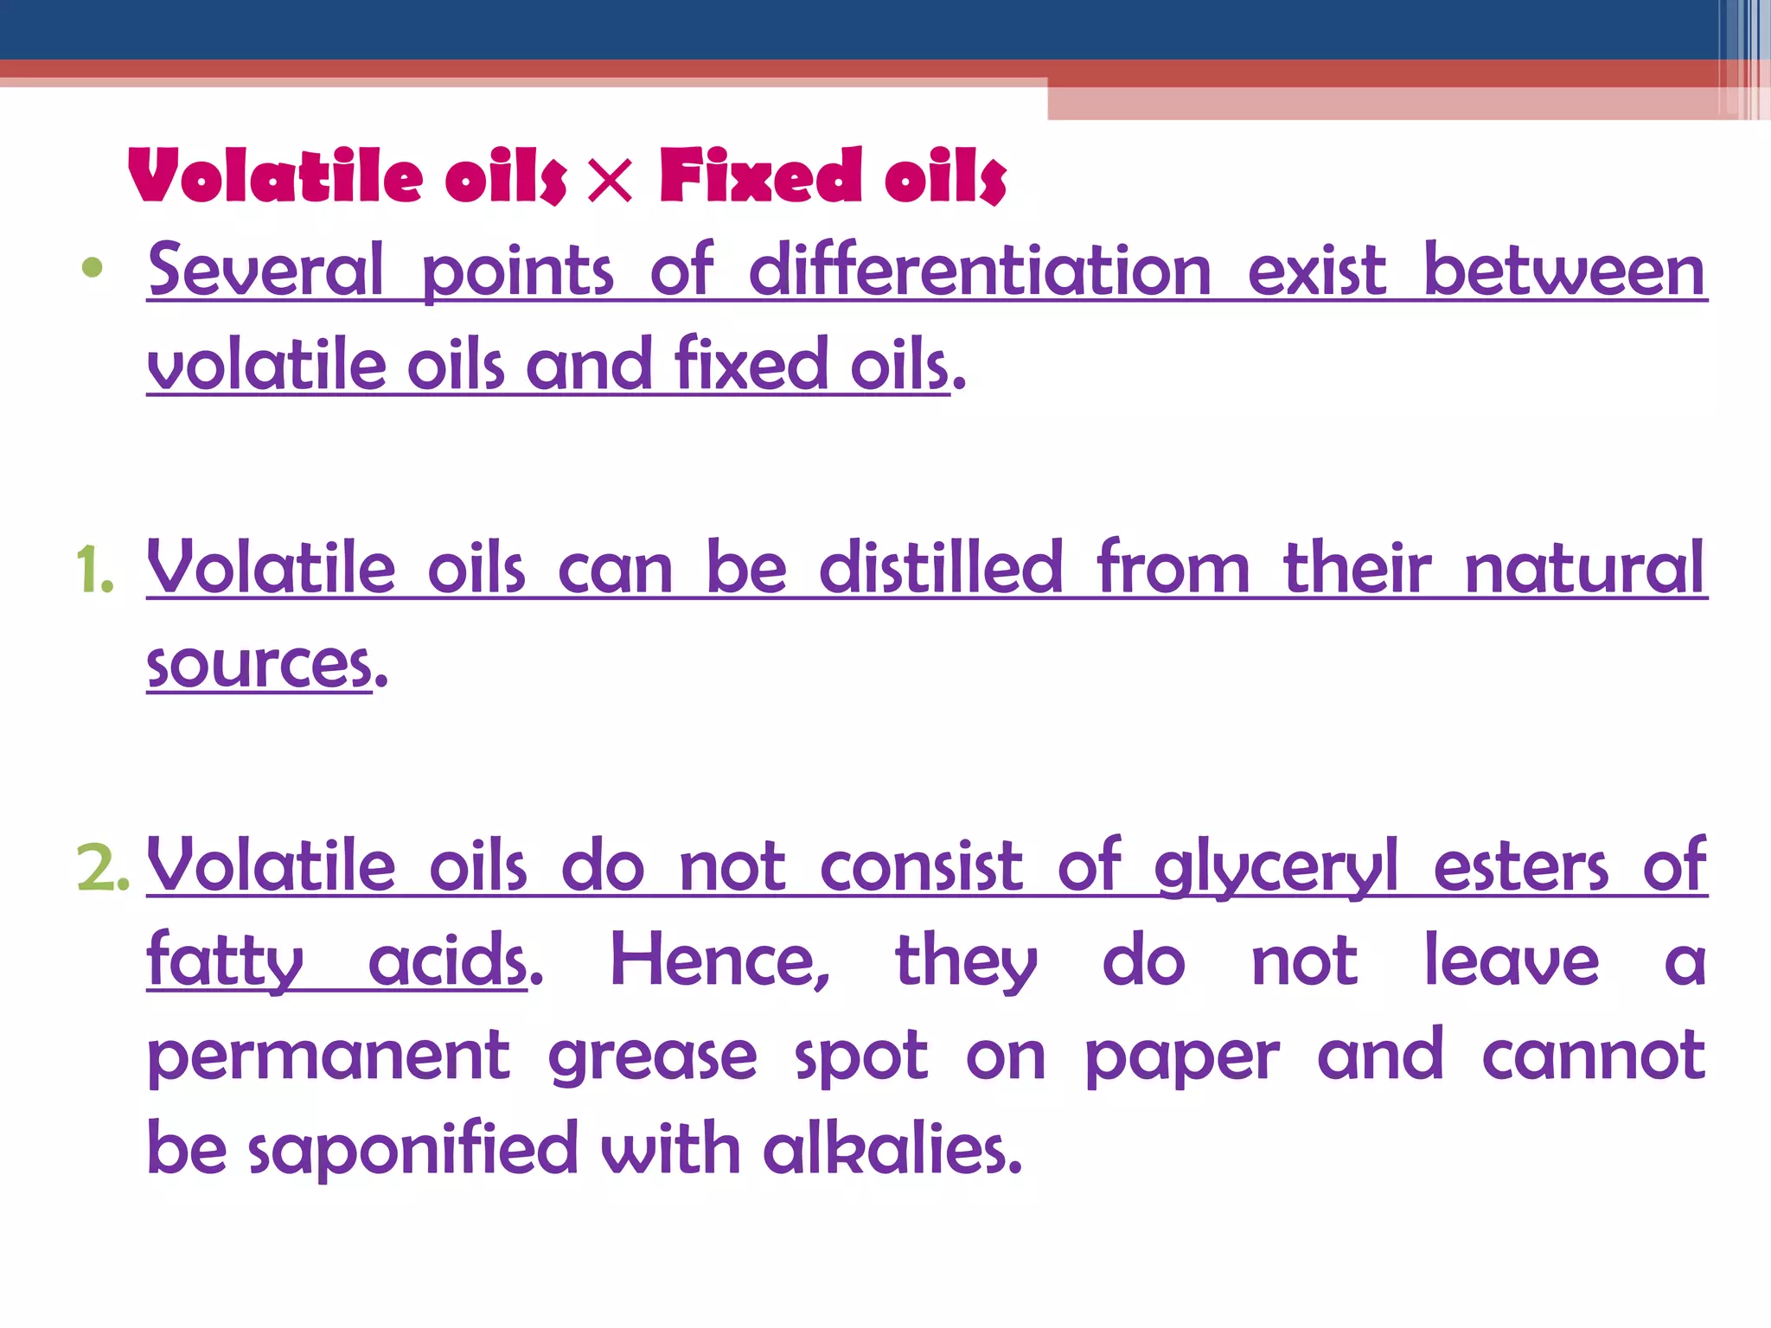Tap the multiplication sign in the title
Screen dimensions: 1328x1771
610,178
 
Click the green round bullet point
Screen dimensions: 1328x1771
92,268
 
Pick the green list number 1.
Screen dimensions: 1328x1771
93,571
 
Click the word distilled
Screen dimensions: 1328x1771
941,568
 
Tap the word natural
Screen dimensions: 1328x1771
1584,568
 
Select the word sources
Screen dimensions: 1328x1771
259,666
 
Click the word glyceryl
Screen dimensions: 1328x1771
1276,867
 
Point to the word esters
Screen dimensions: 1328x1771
1521,867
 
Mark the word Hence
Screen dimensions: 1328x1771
719,961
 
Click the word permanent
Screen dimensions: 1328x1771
329,1057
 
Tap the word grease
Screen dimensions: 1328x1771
653,1057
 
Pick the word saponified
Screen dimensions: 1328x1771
412,1150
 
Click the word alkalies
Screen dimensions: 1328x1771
892,1150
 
